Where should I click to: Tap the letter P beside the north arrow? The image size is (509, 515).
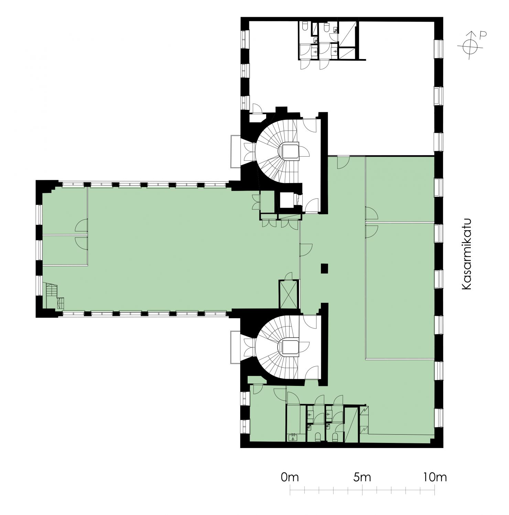pos(483,35)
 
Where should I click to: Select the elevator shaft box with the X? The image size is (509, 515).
pos(288,294)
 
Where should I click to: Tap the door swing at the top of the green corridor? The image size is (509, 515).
pos(343,162)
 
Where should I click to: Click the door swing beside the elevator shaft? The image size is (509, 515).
pos(289,276)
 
